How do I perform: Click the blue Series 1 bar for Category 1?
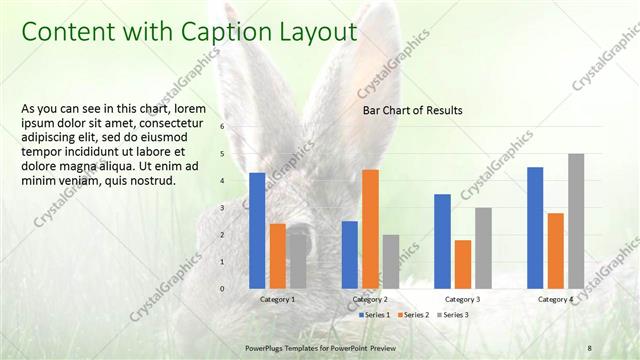[x=257, y=231]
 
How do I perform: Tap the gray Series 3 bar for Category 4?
[x=576, y=221]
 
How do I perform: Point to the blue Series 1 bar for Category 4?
[x=535, y=228]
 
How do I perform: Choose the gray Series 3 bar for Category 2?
[x=390, y=262]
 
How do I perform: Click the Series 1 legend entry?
[x=375, y=315]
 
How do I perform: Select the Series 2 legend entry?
[x=412, y=315]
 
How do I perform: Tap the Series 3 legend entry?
[x=451, y=315]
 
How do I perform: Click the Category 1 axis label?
[x=277, y=299]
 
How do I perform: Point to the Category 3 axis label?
[x=462, y=299]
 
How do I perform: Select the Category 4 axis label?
[x=555, y=299]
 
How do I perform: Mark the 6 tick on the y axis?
[x=223, y=127]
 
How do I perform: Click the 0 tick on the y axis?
[x=223, y=289]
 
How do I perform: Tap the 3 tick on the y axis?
[x=223, y=208]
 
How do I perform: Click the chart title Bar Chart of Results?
[x=412, y=110]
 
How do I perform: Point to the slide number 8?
[x=590, y=347]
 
